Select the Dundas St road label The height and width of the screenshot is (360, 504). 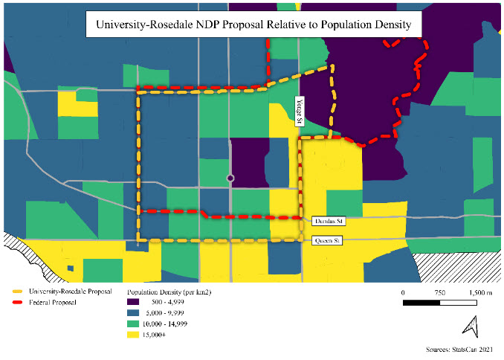[x=326, y=221]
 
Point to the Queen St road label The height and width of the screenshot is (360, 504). [x=326, y=241]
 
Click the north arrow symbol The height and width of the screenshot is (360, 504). [x=469, y=326]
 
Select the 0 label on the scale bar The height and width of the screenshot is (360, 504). [x=403, y=292]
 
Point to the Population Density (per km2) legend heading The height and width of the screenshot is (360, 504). [x=169, y=293]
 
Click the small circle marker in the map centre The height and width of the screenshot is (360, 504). [x=230, y=179]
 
